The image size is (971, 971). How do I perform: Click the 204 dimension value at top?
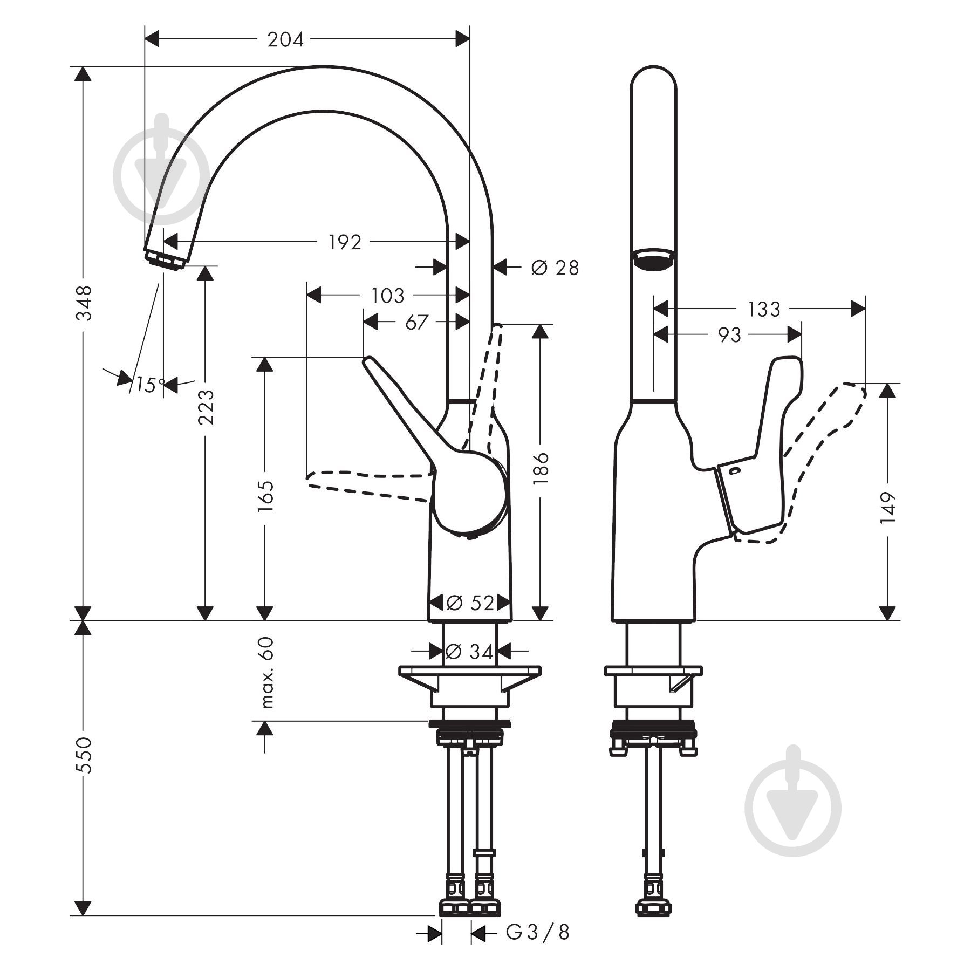[285, 39]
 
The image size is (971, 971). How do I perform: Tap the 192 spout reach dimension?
[345, 242]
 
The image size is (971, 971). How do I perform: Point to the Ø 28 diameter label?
[555, 267]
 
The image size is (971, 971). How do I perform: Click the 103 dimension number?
[388, 296]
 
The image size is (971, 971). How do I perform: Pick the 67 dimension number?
[416, 323]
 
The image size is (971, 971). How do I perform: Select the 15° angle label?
[150, 385]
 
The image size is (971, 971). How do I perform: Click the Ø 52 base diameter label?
[470, 603]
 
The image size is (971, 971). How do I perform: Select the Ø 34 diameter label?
[470, 652]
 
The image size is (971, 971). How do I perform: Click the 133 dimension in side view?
[763, 309]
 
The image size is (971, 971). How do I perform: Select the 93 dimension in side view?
[729, 335]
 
